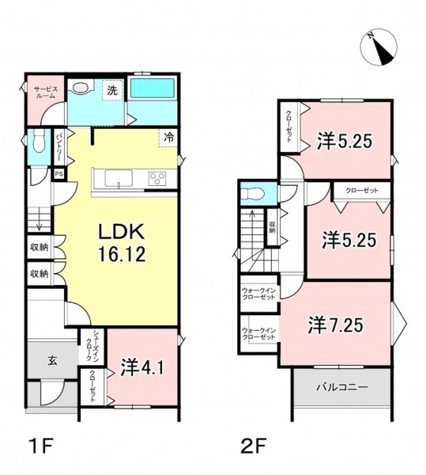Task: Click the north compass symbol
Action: point(379,47)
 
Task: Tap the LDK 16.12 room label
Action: point(122,243)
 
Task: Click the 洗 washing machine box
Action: point(112,90)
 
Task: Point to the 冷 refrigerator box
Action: point(168,138)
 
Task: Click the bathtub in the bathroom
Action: point(153,89)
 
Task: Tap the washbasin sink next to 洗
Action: point(81,87)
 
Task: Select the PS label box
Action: point(59,174)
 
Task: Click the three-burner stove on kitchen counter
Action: point(157,179)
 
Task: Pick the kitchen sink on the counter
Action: point(119,179)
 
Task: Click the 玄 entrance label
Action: point(52,361)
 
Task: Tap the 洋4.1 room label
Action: point(142,367)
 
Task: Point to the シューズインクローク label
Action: point(92,346)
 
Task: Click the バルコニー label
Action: point(342,387)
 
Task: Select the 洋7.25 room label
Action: point(336,325)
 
